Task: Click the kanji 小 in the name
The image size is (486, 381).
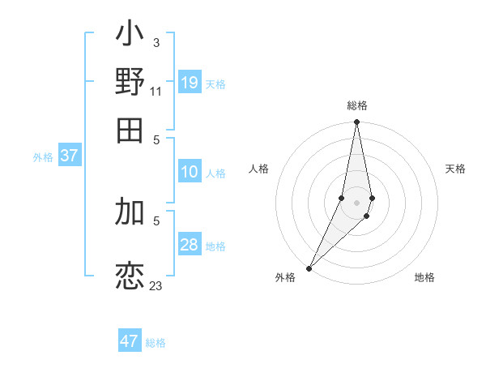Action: tap(130, 37)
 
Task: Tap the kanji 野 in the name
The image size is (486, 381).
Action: tap(130, 83)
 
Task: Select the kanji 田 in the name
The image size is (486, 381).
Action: tap(130, 129)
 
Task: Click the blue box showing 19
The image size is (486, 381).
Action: tap(190, 83)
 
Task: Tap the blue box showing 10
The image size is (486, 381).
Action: tap(190, 172)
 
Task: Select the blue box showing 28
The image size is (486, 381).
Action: tap(190, 245)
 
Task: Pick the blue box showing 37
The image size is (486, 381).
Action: tap(69, 156)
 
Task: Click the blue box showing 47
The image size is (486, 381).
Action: tap(130, 341)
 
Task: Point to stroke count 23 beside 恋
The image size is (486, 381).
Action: tap(156, 286)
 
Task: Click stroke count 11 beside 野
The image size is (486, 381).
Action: tap(156, 91)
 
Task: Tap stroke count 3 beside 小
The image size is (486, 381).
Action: tap(156, 42)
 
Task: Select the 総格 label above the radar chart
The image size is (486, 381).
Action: tap(356, 105)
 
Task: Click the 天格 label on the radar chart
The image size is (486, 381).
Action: tap(455, 169)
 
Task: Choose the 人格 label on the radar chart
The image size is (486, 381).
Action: tap(259, 169)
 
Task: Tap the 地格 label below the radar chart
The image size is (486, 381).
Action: tap(424, 278)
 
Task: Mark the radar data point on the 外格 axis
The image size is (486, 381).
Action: tap(309, 268)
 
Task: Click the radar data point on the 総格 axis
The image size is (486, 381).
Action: tap(356, 122)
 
